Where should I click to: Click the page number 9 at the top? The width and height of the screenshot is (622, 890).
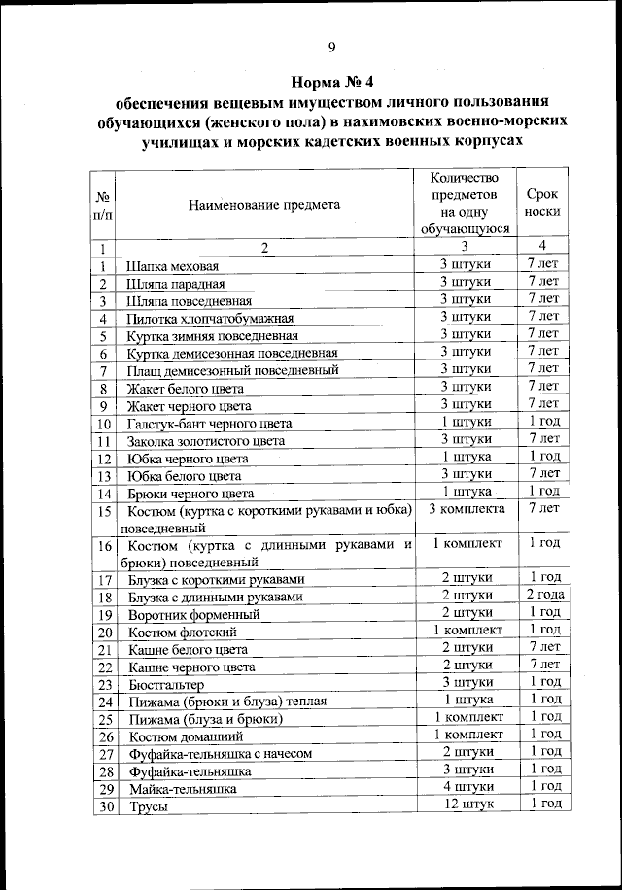click(x=331, y=48)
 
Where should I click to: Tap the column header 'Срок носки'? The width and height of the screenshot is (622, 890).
click(x=541, y=202)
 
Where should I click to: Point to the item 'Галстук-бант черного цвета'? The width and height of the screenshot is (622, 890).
click(x=209, y=424)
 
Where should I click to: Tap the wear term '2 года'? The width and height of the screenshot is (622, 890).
click(x=544, y=595)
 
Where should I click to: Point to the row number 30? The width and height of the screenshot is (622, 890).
click(x=105, y=806)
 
